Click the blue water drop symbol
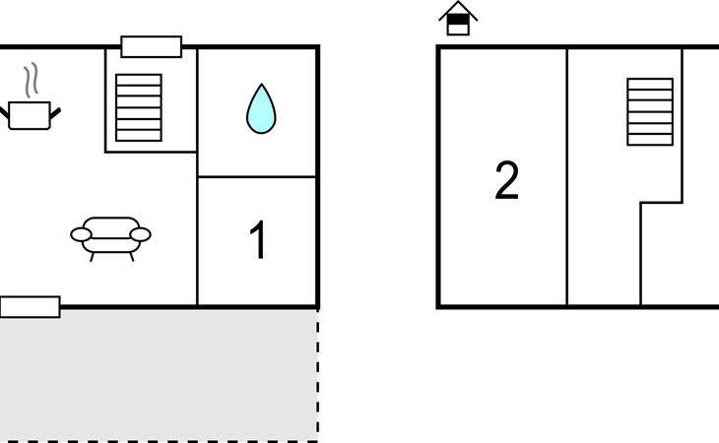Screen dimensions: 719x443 261,110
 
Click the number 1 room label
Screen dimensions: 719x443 258,239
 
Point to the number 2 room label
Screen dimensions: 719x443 506,180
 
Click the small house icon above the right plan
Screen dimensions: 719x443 458,19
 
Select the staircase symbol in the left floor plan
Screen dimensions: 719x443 139,107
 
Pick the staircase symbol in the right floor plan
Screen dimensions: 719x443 650,112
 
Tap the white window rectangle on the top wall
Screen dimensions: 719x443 152,46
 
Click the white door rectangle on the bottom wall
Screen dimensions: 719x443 30,307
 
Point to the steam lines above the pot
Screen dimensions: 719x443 31,80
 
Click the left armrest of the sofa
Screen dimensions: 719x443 81,234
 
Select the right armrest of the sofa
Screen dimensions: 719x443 140,234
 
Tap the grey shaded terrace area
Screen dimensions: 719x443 159,376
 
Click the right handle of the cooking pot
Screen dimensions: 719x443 55,113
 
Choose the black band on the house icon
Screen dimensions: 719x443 458,20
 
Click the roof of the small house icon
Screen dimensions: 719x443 458,9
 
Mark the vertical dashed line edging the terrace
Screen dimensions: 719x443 318,376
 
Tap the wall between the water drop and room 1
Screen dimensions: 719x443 257,176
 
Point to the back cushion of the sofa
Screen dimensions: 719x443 111,224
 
